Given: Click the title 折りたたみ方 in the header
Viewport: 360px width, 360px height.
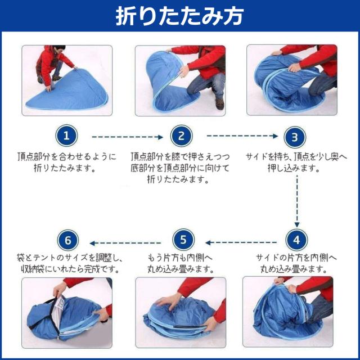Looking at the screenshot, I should (x=179, y=16).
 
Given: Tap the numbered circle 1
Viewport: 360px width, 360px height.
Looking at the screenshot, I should (x=66, y=136).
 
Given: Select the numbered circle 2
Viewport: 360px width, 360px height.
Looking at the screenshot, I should (x=181, y=136).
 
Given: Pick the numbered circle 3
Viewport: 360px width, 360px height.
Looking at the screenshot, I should (x=295, y=136).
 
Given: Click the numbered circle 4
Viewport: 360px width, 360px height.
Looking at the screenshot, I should (x=295, y=241).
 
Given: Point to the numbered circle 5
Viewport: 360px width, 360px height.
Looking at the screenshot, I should (x=181, y=241).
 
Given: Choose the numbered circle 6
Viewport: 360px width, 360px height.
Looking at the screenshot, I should (x=67, y=241).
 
